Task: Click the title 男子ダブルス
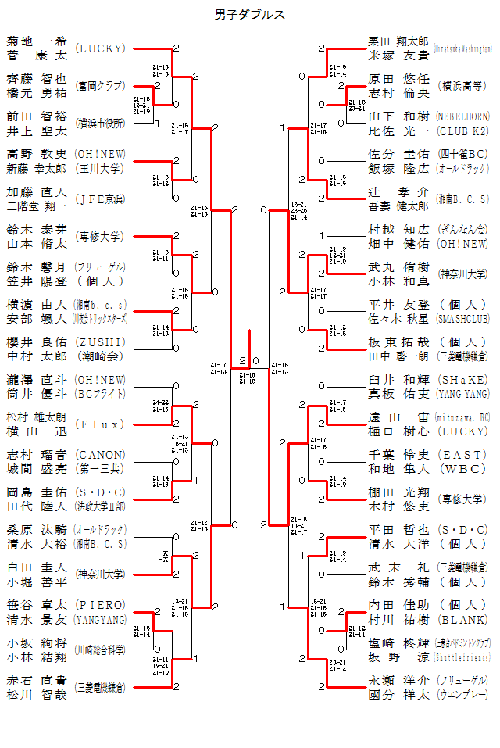250,15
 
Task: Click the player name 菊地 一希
37,41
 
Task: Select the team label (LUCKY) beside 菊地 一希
100,48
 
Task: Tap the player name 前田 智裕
37,116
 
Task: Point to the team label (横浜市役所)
100,123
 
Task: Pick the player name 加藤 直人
37,191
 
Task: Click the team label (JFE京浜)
100,199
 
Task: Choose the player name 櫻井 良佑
37,342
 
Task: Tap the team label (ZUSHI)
100,342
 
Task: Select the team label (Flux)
100,424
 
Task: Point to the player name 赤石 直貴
37,680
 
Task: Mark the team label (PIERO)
100,605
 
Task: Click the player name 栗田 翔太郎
398,41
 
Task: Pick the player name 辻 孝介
398,191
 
